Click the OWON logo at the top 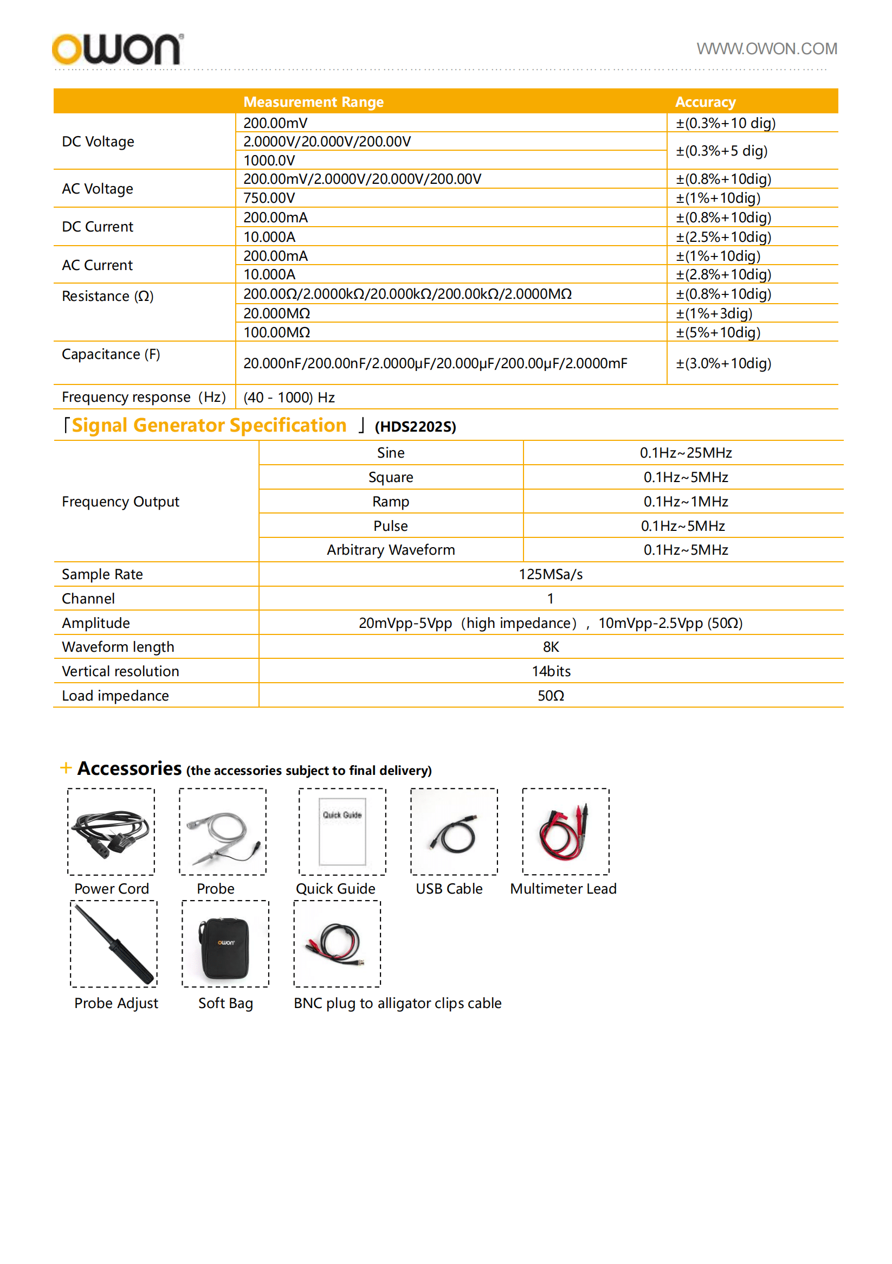tap(117, 49)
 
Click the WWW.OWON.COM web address tap(766, 49)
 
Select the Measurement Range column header tap(313, 102)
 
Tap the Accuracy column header tap(705, 102)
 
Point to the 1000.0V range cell tap(269, 160)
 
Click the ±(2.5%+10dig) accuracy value tap(723, 237)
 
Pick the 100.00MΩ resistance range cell tap(277, 332)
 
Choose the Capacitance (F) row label tap(111, 354)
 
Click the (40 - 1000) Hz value tap(289, 397)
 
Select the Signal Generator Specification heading tap(209, 426)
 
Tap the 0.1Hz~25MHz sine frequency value tap(685, 453)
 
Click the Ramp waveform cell tap(390, 502)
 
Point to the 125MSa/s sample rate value tap(550, 574)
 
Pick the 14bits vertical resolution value tap(551, 671)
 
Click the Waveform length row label tap(118, 647)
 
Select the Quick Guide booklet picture tap(342, 831)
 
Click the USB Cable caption tap(449, 889)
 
